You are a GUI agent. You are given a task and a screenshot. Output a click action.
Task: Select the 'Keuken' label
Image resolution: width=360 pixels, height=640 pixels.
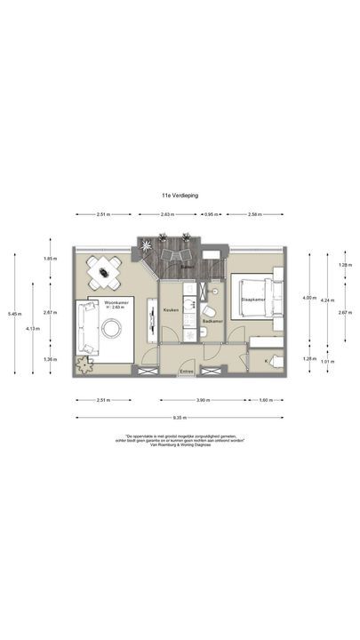172,309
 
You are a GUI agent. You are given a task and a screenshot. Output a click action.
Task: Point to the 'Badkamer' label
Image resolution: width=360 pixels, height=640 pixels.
212,321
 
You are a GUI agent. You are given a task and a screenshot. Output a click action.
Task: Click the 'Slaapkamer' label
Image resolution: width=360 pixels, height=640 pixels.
254,300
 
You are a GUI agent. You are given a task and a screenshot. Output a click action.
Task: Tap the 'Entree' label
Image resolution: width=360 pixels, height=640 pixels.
187,370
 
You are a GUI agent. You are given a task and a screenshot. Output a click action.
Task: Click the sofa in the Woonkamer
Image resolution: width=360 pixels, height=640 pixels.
87,326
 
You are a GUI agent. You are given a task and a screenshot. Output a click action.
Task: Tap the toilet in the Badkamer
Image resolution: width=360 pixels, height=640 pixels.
204,332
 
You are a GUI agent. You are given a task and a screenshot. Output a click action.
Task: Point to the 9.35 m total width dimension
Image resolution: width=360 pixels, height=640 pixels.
180,417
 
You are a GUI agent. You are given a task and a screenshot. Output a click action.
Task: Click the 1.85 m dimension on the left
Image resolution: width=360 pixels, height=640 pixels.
50,259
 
